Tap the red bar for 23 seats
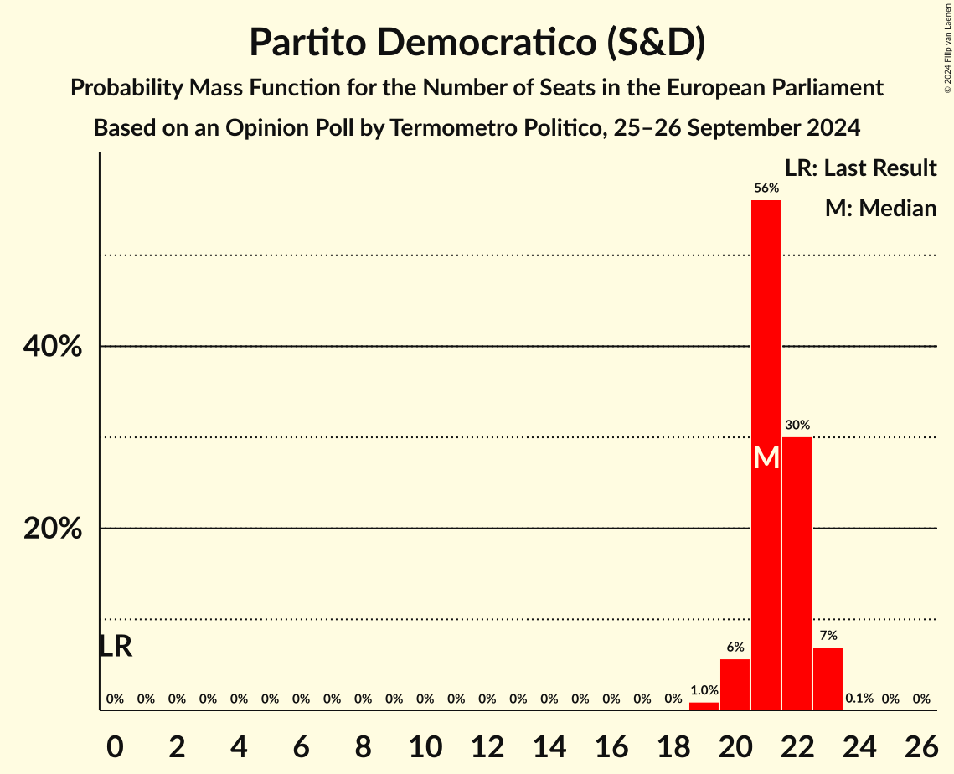coord(828,679)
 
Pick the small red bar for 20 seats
coord(735,684)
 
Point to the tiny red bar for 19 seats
coord(704,706)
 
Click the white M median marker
coord(766,457)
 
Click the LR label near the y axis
coord(115,646)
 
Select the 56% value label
coord(766,188)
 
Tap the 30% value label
coord(797,426)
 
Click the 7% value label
coord(828,636)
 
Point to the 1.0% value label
coord(704,690)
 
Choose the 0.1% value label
coord(859,699)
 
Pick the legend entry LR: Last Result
coord(860,168)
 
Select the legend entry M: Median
coord(879,208)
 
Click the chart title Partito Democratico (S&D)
coord(477,43)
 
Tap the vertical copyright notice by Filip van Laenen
coord(947,47)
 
